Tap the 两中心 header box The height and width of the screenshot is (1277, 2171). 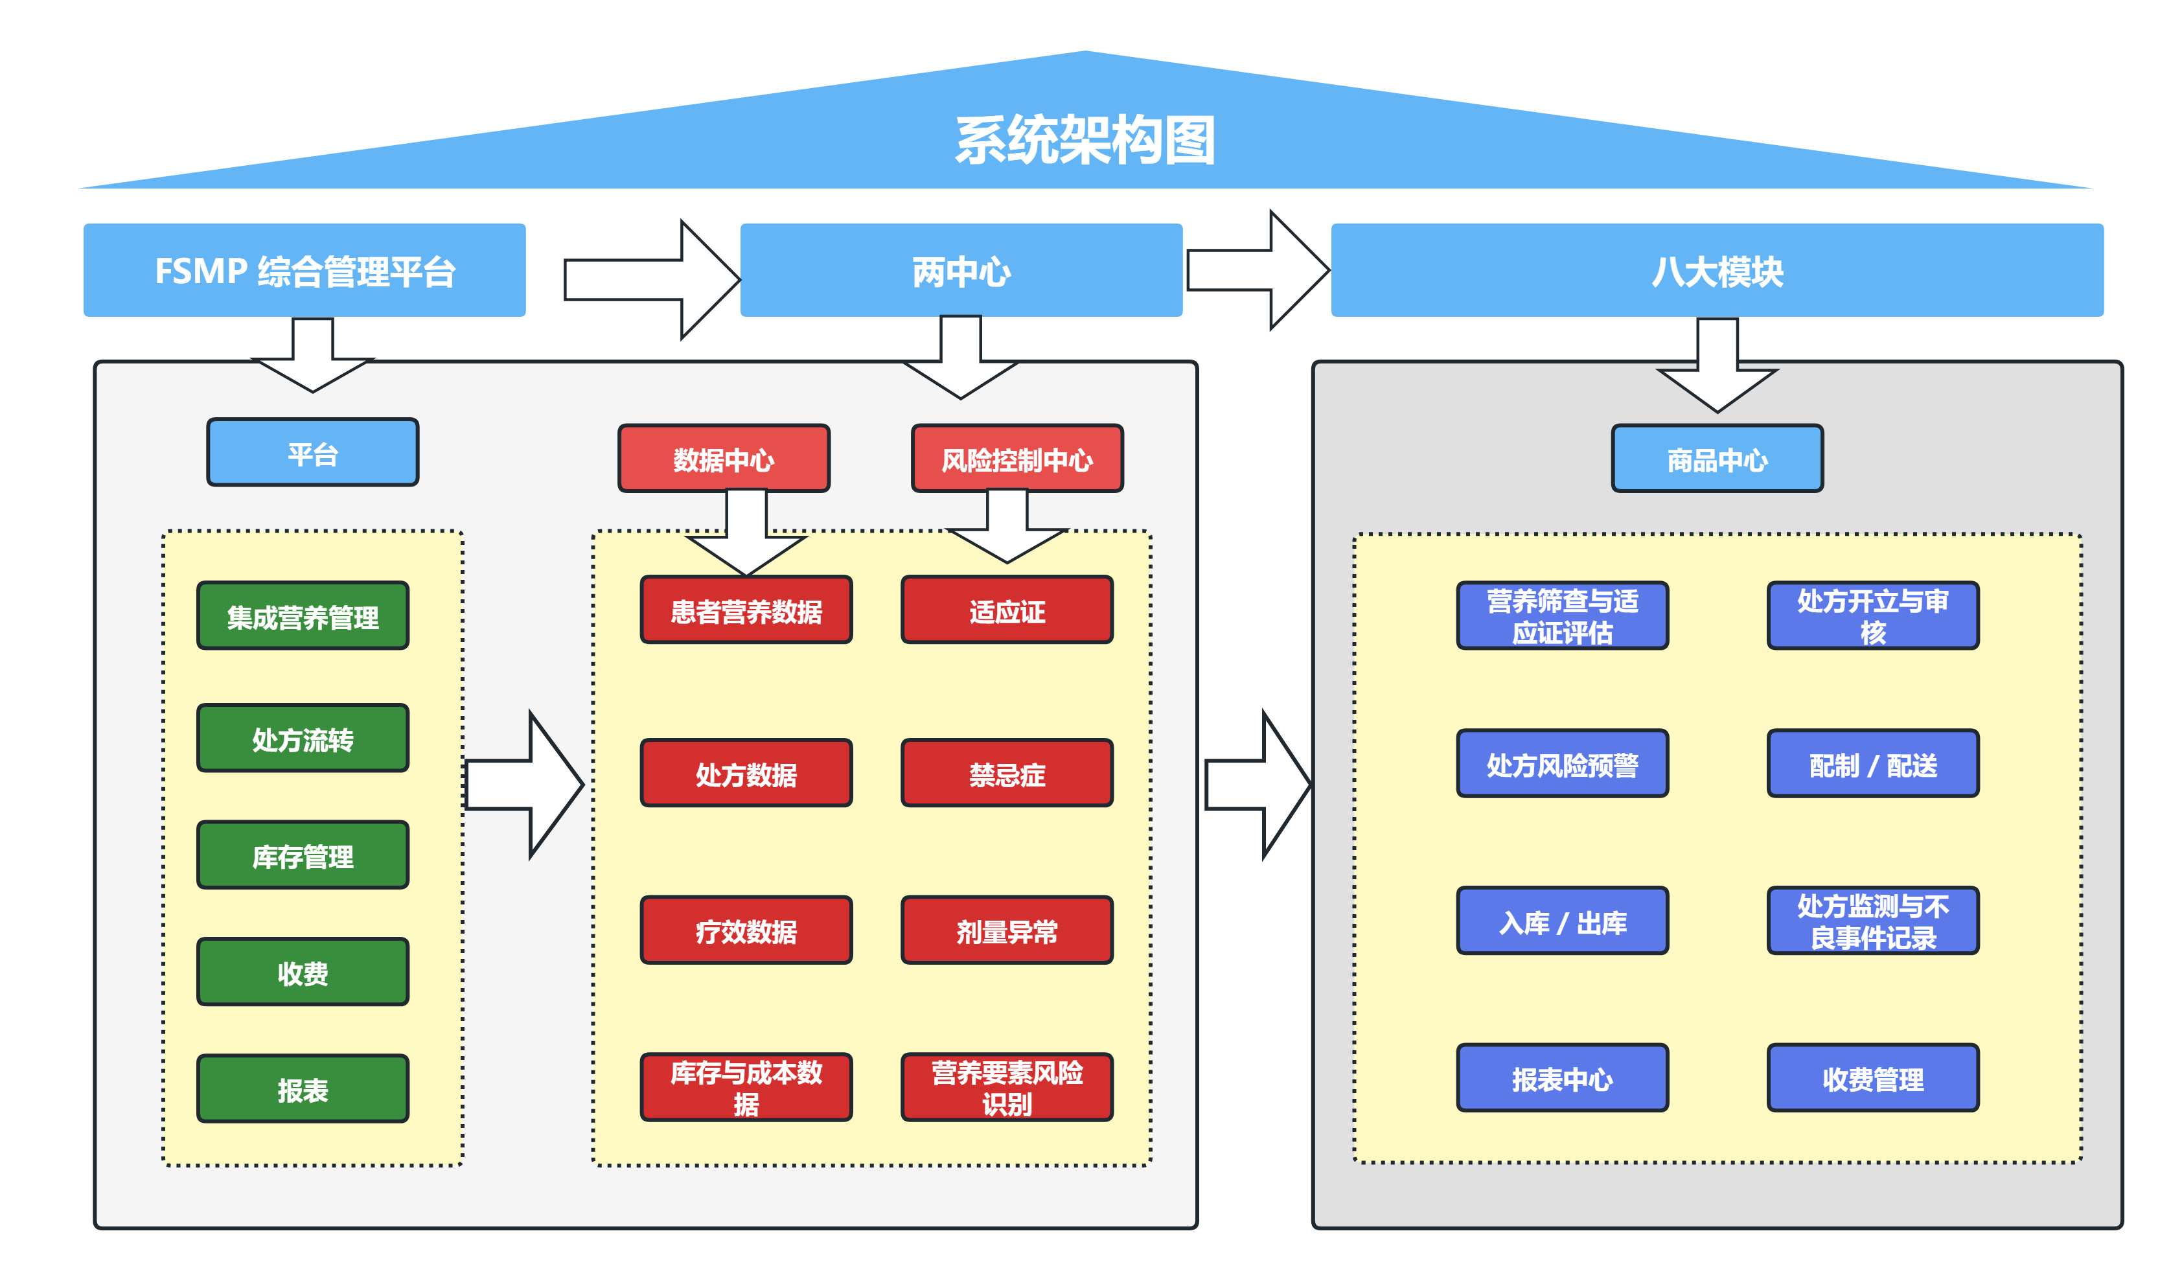[961, 271]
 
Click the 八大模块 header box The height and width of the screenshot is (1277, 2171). [1716, 271]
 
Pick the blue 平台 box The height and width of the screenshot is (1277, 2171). [313, 454]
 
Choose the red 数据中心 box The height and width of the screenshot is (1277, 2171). [724, 459]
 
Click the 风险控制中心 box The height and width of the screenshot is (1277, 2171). [1017, 459]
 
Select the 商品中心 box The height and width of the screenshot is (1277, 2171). [1716, 459]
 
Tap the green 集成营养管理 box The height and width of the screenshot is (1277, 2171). [303, 615]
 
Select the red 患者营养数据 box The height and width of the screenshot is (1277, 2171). [746, 610]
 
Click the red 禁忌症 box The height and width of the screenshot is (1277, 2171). [1006, 773]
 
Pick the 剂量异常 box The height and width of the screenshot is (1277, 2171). [1006, 930]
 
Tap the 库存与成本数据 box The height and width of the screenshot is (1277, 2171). [746, 1087]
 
